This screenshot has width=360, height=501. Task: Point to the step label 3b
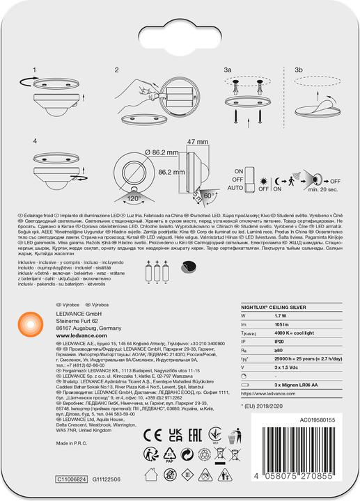pos(299,70)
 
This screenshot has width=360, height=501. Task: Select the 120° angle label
pos(134,198)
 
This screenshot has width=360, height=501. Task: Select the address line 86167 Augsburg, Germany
pos(88,327)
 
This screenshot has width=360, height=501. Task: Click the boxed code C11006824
pos(72,479)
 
